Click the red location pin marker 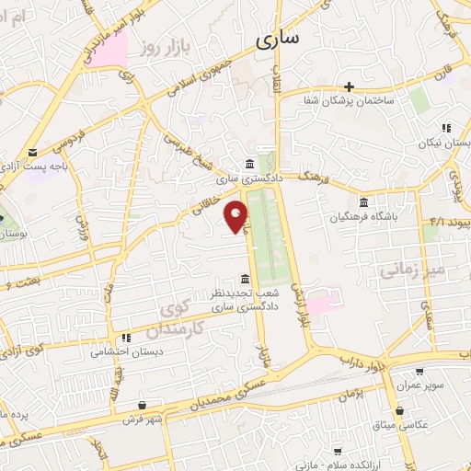click(237, 217)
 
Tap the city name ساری click(279, 40)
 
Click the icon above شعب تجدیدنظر click(244, 278)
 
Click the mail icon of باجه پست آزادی click(33, 153)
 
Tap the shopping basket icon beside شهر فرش click(141, 405)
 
